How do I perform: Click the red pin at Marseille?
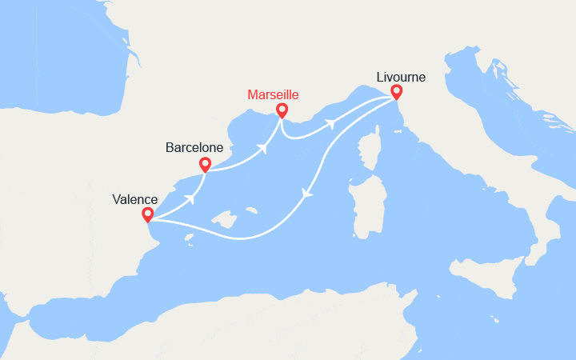[282, 110]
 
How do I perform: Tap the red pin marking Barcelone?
[205, 165]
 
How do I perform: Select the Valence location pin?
[147, 214]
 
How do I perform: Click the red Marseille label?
[273, 94]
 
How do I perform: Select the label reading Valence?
[135, 199]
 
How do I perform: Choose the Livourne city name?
[401, 78]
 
